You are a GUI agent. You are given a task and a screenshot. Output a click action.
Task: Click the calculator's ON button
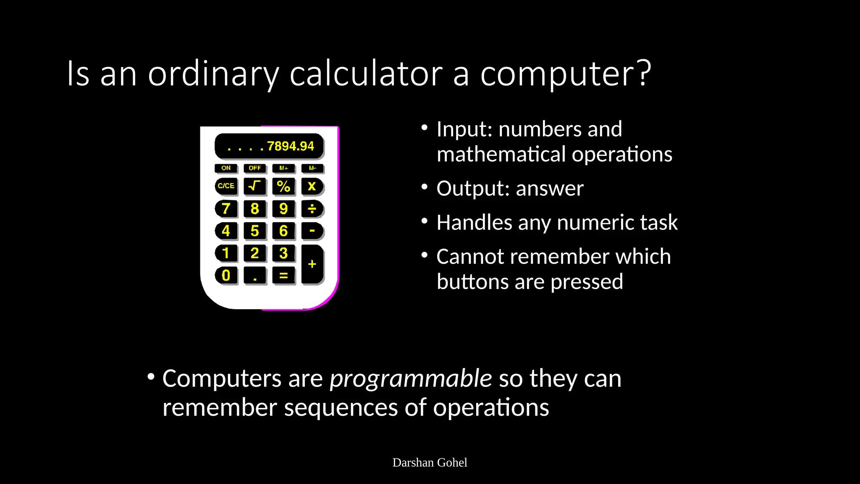(x=226, y=168)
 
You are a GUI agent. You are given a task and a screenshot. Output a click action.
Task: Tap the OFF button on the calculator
(x=254, y=168)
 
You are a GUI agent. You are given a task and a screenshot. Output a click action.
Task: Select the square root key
(x=254, y=186)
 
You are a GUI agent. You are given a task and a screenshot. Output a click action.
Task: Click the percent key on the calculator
(x=283, y=186)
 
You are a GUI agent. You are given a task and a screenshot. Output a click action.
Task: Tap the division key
(x=312, y=208)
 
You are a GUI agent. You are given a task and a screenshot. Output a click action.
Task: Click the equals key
(x=283, y=276)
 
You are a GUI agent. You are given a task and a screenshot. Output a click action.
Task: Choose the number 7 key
(x=226, y=208)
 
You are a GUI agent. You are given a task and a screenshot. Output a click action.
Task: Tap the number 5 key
(x=254, y=231)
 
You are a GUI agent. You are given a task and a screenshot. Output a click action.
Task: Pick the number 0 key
(x=226, y=276)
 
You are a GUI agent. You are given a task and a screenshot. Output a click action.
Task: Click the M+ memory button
(x=283, y=168)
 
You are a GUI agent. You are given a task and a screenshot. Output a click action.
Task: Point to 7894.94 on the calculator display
(x=290, y=146)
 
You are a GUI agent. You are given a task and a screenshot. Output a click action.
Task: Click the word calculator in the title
(x=366, y=74)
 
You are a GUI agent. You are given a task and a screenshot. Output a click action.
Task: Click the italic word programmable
(x=411, y=379)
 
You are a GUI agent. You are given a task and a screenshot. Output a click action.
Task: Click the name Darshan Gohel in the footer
(x=430, y=463)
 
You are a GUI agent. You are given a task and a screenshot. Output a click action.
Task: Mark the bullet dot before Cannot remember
(x=425, y=255)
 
